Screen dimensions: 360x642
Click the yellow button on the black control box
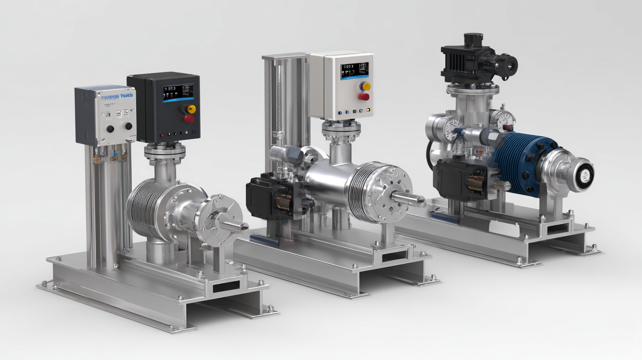coord(191,109)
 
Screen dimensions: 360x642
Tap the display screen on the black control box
coord(178,93)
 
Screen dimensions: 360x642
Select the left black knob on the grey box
coord(110,128)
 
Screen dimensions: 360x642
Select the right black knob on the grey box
coord(128,126)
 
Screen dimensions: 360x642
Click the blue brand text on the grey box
coord(118,96)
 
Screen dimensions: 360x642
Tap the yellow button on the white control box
coord(366,86)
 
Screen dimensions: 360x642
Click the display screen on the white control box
coord(355,71)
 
